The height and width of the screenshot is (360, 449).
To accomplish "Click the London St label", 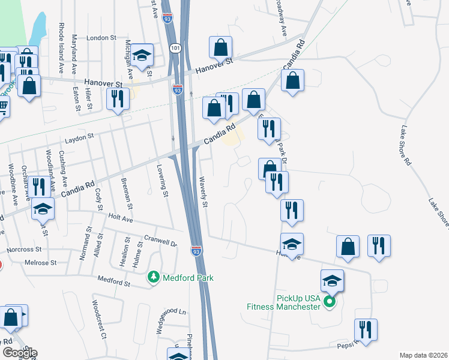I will [101, 37].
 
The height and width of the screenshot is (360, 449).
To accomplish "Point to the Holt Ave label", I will [119, 217].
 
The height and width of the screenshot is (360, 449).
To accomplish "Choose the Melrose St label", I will [40, 263].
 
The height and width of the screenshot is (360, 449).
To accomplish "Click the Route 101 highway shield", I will [175, 47].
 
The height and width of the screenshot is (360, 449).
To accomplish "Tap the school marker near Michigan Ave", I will [142, 56].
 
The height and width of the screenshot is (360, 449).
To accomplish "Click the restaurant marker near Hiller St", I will [117, 98].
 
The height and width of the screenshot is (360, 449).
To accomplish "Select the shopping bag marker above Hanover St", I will [221, 47].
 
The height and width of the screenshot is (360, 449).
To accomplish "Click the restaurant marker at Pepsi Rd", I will [365, 329].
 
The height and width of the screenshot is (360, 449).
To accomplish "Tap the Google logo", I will [19, 352].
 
